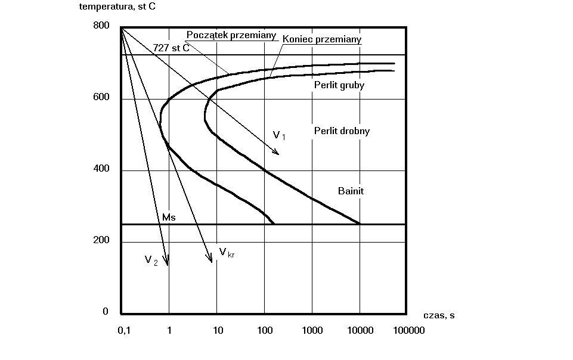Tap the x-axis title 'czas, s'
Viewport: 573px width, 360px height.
tap(439, 315)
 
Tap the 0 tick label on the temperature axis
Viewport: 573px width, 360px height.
tap(106, 311)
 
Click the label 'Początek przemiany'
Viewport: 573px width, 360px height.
tap(231, 35)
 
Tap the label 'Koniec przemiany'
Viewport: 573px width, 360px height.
tap(322, 39)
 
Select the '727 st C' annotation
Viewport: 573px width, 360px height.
tap(171, 48)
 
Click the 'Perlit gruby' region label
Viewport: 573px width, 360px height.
tap(339, 85)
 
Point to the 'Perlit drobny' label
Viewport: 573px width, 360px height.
tap(342, 131)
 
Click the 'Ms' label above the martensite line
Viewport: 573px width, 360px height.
tap(169, 218)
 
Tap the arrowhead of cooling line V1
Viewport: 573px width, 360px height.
tap(277, 152)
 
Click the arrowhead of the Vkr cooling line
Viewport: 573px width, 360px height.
tap(210, 260)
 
